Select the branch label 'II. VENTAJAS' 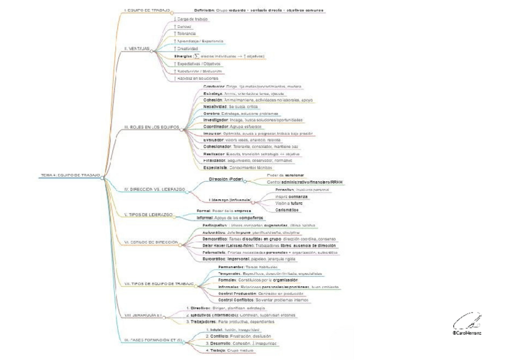click(x=136, y=49)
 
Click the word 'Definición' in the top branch click(x=205, y=10)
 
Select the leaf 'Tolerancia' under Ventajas click(x=187, y=34)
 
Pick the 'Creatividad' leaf click(x=189, y=49)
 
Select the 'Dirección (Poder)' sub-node click(x=225, y=179)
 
